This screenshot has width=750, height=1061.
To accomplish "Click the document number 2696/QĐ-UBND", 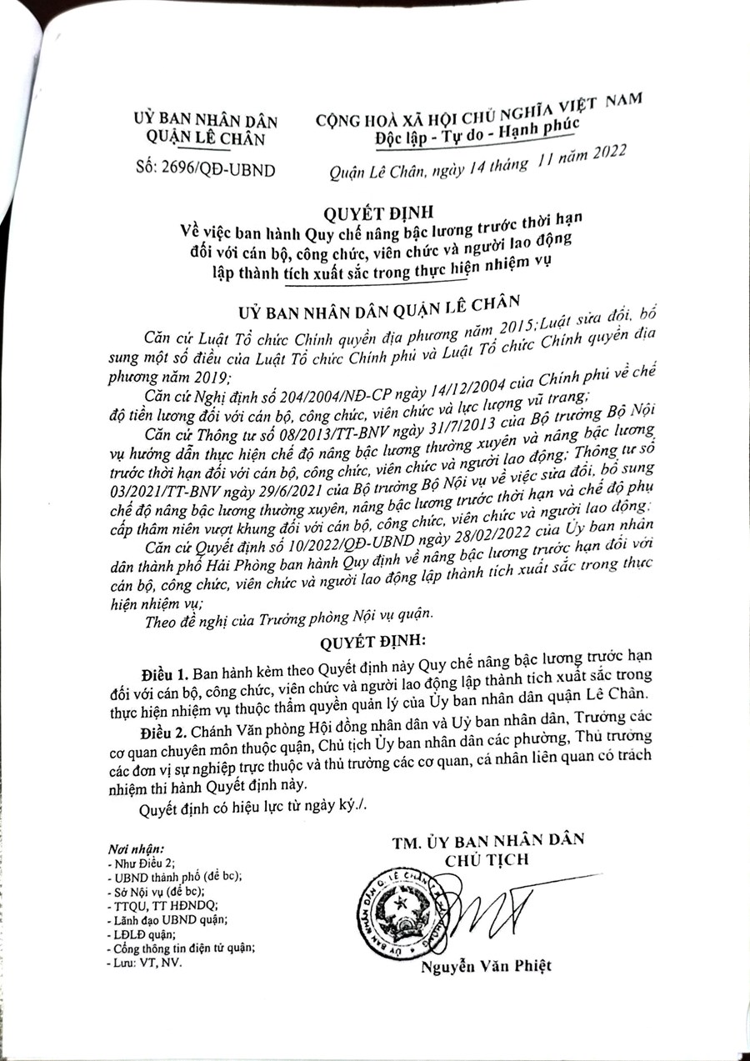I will point(219,172).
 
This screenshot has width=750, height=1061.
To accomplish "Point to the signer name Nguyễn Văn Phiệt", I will point(486,966).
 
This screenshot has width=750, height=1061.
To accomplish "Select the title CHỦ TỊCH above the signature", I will point(487,859).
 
